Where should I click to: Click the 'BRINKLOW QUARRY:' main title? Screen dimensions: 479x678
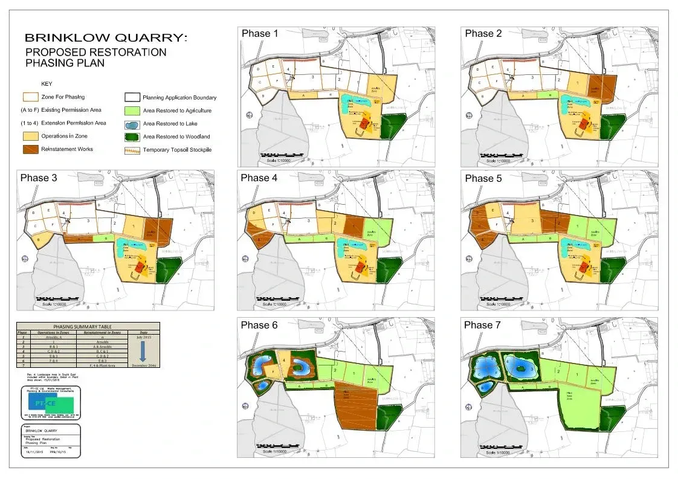(106, 39)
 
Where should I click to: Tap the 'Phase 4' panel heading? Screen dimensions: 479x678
(259, 178)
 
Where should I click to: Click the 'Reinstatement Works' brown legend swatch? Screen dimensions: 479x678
(30, 149)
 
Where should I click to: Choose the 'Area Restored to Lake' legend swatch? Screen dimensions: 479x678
(132, 124)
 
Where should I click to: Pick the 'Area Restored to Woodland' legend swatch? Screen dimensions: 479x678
(132, 137)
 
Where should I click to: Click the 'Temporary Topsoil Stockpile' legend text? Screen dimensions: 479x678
(177, 150)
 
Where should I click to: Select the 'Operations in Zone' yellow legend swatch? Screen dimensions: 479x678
(30, 137)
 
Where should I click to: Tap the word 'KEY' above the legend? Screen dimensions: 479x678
(47, 83)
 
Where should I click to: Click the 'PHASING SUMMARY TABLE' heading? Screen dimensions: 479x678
(88, 327)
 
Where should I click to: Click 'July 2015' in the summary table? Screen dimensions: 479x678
(143, 337)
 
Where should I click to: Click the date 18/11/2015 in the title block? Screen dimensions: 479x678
(34, 451)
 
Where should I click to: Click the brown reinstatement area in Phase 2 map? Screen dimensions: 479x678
(603, 86)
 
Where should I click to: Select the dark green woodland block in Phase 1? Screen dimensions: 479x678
(389, 126)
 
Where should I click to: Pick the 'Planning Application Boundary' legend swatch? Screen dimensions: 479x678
(132, 97)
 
